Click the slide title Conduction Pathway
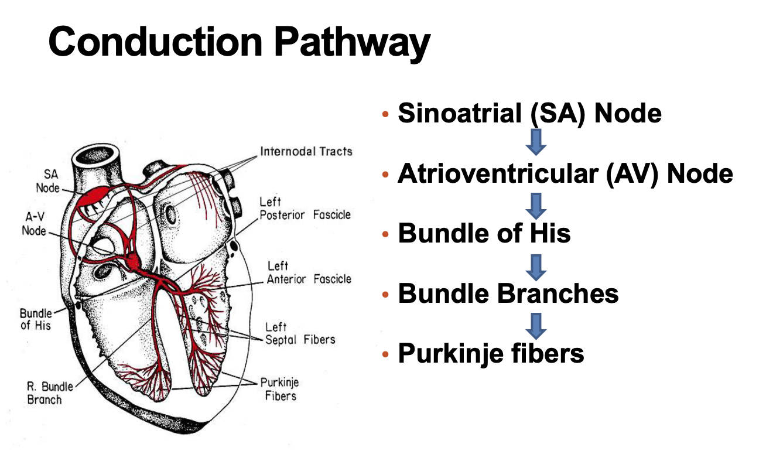tap(239, 42)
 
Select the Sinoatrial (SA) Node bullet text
tap(529, 112)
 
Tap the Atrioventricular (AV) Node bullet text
tap(565, 173)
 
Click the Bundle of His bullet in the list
tap(484, 233)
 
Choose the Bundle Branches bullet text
tap(508, 293)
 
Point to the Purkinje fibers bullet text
tap(491, 353)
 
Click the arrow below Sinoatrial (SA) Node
tap(536, 142)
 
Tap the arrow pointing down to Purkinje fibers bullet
tap(536, 324)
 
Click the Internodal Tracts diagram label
tap(306, 152)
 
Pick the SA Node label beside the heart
tap(47, 181)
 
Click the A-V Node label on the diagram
tap(34, 224)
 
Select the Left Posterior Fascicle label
tap(305, 209)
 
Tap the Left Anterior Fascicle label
tap(309, 273)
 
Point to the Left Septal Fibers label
tap(300, 333)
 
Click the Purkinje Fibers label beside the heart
tap(279, 389)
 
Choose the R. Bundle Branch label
tap(50, 393)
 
